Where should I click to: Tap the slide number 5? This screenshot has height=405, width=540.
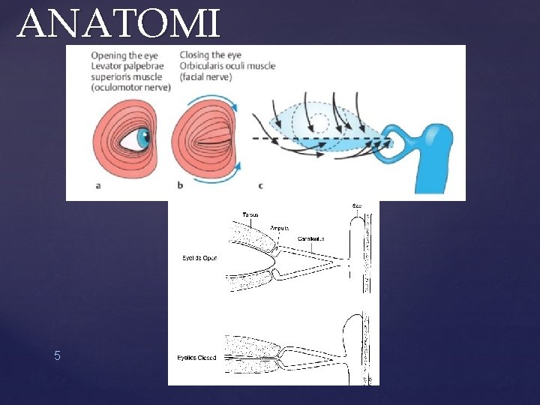pyautogui.click(x=57, y=355)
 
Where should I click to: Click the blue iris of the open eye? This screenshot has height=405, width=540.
pyautogui.click(x=142, y=138)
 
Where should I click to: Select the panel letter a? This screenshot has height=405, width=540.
pyautogui.click(x=98, y=186)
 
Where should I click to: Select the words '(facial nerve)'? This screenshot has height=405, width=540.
pyautogui.click(x=206, y=76)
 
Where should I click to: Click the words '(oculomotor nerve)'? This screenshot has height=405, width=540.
pyautogui.click(x=131, y=87)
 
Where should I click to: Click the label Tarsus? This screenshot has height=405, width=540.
pyautogui.click(x=250, y=214)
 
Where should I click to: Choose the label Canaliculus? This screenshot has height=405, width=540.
pyautogui.click(x=310, y=238)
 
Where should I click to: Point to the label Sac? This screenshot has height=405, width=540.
pyautogui.click(x=356, y=206)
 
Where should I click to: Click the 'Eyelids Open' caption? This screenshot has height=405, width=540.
pyautogui.click(x=199, y=258)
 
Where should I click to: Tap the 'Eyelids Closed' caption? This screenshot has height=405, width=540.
pyautogui.click(x=196, y=358)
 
